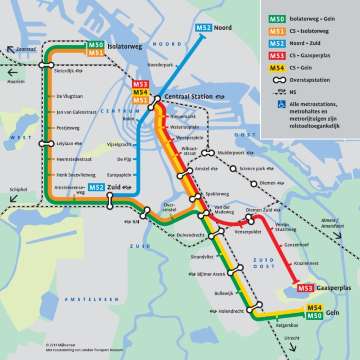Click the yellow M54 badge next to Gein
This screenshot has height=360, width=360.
[314, 307]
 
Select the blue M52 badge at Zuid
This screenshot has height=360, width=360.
[96, 187]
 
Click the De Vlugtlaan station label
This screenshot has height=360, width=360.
[70, 97]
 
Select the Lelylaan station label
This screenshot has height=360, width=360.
[67, 143]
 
